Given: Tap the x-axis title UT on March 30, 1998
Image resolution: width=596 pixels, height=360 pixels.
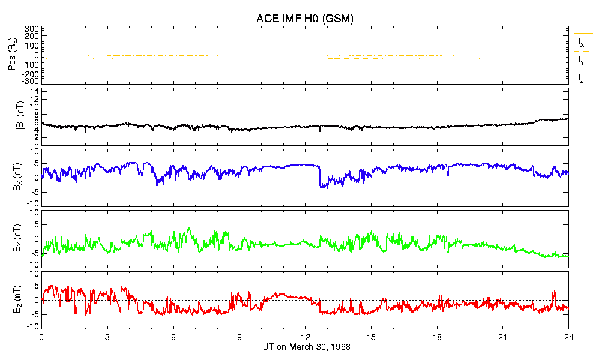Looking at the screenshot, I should coord(306,347).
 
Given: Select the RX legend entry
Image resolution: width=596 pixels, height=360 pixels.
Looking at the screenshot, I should coord(579,42).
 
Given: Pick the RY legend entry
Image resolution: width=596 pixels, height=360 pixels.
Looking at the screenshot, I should coord(579,60).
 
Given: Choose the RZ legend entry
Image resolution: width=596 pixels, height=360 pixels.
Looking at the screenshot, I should coord(579,78).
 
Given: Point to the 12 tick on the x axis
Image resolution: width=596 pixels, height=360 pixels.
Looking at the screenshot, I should coord(306,337).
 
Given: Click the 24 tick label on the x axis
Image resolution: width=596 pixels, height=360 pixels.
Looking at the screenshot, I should coord(568,337).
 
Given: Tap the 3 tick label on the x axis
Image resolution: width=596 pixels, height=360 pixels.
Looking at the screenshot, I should coord(107,337).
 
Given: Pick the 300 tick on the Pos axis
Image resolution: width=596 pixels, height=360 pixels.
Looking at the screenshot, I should coord(31,29).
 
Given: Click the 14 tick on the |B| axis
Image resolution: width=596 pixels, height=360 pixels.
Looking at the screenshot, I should coord(35,91).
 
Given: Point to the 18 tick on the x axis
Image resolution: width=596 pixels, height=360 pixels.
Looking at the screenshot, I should coord(437,337).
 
